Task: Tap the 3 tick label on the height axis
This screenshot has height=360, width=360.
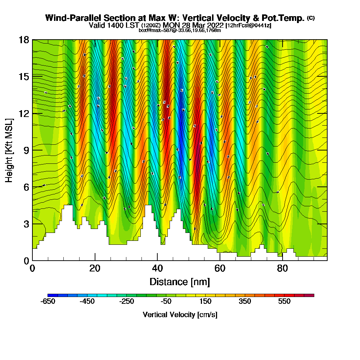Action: (26, 224)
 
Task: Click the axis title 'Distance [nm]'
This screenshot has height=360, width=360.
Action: (180, 282)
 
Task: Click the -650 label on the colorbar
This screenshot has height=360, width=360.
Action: (48, 302)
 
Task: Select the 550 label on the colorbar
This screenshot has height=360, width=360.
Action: (284, 302)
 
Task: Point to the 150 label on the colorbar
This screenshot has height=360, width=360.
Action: (206, 302)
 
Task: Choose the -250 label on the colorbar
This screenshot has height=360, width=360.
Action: (127, 302)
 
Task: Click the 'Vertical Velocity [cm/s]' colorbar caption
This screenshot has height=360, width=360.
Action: (180, 315)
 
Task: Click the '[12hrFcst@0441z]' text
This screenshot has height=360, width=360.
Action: (248, 26)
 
